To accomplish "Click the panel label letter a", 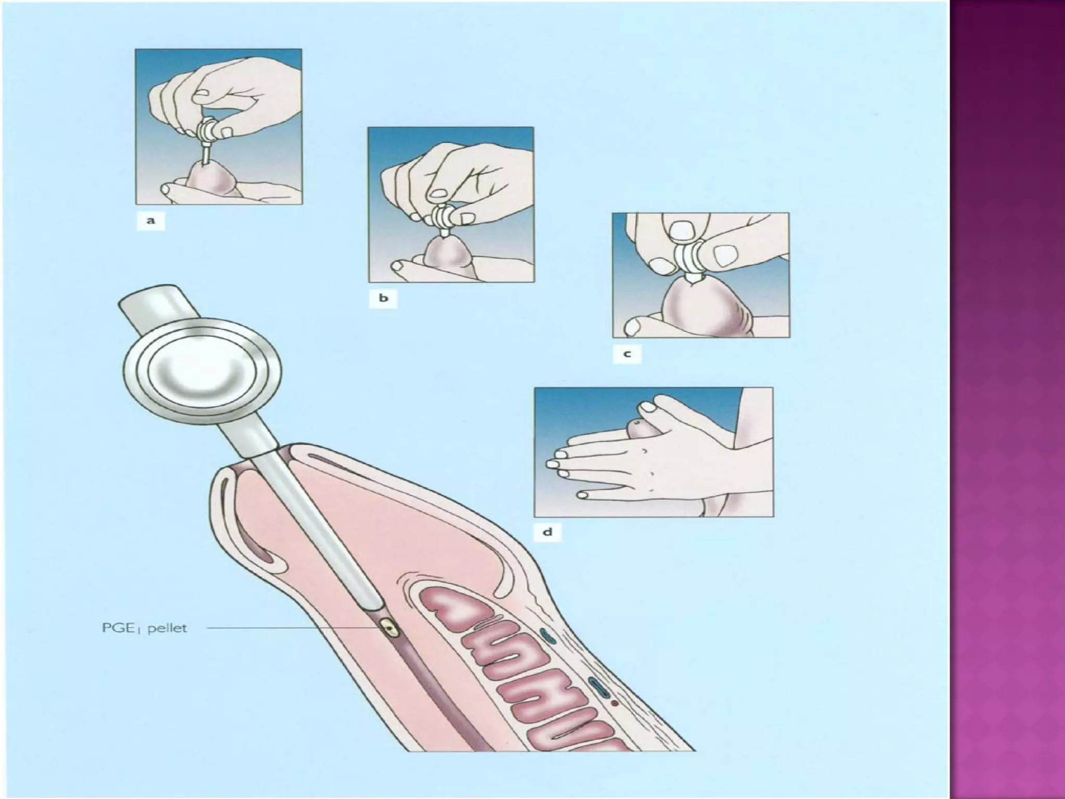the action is [x=151, y=221].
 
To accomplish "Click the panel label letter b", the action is [x=383, y=299].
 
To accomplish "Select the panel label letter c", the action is [x=627, y=354].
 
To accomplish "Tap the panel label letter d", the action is [x=548, y=533].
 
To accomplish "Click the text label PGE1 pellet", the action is [x=144, y=628].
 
